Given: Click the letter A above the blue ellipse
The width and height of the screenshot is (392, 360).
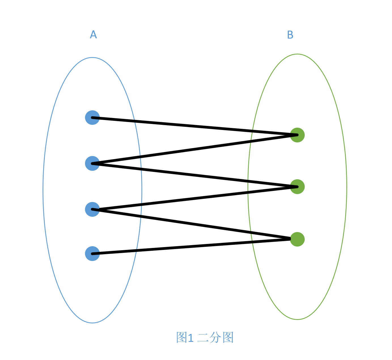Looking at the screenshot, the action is point(93,34).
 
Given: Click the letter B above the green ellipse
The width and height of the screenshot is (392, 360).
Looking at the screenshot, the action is point(290,35).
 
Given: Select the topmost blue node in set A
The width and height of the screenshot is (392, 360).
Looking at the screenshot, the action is point(92,117).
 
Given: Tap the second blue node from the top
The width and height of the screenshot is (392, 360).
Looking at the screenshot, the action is point(92,163).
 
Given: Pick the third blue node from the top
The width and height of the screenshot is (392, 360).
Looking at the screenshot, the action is point(92,209).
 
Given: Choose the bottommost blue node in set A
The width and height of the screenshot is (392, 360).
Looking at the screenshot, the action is point(92,254).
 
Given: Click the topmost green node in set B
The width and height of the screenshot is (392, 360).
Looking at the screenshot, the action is point(297,135).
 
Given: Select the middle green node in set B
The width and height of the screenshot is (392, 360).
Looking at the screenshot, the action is point(297,187).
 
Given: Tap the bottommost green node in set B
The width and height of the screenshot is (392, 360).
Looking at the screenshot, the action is point(297,239).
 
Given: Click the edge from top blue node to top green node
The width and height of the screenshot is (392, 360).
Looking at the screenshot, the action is point(195,126).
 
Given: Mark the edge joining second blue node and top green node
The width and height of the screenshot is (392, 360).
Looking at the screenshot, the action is point(195,149).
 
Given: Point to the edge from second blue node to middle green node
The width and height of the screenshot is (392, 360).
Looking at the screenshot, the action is point(195,175).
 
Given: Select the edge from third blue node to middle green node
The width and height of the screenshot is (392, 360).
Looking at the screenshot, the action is point(195,198).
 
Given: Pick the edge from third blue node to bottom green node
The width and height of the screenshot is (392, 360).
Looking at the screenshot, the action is point(191,224).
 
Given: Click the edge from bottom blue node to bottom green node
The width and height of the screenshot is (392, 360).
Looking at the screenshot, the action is point(191,246).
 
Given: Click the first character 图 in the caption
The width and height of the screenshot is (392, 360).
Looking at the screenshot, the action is point(181,337).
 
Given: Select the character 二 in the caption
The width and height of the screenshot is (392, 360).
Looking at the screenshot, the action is point(203,338).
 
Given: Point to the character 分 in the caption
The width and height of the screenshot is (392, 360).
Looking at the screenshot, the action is point(215,337).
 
